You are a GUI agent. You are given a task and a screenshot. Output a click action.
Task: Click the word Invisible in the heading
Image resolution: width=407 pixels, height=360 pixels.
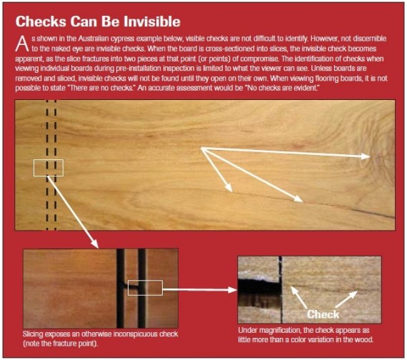point(152,21)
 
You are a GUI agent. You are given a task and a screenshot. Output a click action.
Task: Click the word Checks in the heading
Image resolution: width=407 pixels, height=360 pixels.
point(41,21)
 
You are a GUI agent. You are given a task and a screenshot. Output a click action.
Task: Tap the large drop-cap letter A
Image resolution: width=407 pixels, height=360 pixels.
point(22,44)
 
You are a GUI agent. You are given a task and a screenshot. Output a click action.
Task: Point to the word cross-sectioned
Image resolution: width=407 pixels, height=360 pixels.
point(219,49)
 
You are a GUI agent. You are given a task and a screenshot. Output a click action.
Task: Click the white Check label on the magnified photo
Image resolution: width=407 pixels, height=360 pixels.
point(323,314)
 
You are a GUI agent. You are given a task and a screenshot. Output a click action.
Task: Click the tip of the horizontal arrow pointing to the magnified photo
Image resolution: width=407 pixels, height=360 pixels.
point(237,289)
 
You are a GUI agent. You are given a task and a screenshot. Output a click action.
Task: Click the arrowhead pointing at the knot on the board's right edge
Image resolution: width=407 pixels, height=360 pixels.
point(370,156)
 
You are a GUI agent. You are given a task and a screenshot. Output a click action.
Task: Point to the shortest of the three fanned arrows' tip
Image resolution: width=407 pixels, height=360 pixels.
point(232,191)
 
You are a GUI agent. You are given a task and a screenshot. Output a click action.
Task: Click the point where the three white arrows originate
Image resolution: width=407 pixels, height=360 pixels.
point(201,148)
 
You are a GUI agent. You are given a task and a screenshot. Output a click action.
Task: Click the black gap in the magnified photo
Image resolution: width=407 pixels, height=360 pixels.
point(260,289)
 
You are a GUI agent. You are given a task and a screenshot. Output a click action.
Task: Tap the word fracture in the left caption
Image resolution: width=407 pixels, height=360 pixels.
point(64,344)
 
